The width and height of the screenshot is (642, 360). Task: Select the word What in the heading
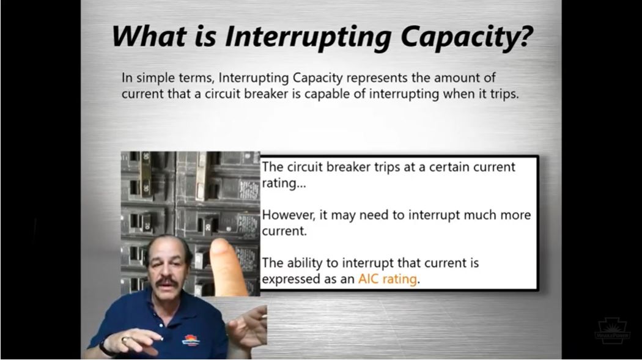149,36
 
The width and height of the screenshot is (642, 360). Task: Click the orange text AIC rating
387,279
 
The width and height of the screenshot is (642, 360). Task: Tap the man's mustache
167,281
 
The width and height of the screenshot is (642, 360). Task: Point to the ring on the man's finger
124,339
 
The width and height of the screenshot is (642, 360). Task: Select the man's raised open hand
248,327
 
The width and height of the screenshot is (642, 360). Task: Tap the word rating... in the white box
284,184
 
